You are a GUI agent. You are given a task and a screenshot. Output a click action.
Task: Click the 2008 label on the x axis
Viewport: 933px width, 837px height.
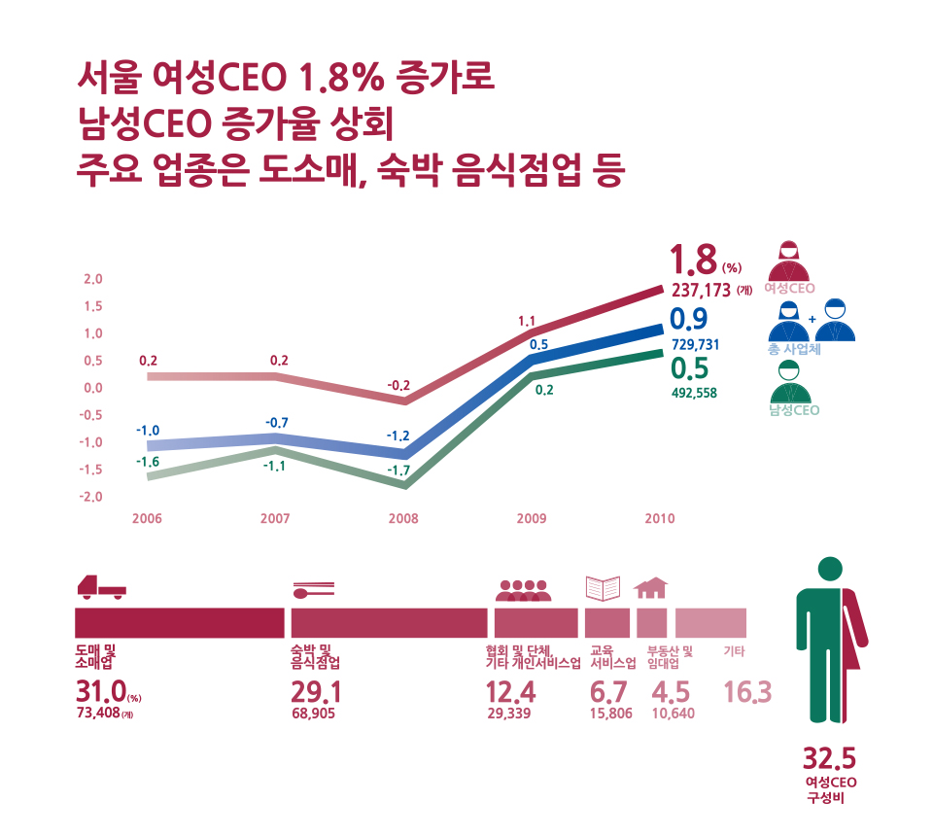pyautogui.click(x=403, y=519)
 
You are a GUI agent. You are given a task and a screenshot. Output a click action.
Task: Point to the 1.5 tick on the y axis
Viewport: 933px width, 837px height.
pyautogui.click(x=93, y=306)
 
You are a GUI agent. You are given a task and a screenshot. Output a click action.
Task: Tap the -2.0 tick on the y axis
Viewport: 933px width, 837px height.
pyautogui.click(x=91, y=497)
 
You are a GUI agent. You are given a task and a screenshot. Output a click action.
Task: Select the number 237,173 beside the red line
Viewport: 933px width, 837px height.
pyautogui.click(x=700, y=289)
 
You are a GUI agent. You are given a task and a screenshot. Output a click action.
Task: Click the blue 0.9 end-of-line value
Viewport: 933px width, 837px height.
pyautogui.click(x=689, y=320)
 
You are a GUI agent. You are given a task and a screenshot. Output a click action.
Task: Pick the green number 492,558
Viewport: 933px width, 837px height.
pyautogui.click(x=694, y=394)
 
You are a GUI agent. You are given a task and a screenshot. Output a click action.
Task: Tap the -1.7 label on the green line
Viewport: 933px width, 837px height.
pyautogui.click(x=398, y=470)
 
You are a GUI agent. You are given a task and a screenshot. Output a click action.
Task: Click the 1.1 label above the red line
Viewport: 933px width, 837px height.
pyautogui.click(x=528, y=321)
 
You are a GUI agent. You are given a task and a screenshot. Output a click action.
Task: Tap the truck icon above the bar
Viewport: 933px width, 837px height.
pyautogui.click(x=101, y=587)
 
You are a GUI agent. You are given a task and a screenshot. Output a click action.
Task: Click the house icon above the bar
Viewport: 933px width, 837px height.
pyautogui.click(x=651, y=587)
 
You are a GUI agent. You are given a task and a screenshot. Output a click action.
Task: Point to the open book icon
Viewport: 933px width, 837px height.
pyautogui.click(x=603, y=588)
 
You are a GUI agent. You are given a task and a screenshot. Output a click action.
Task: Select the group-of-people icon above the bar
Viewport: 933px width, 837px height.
pyautogui.click(x=523, y=589)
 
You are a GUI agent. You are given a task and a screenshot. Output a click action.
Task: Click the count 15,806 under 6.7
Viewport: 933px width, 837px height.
pyautogui.click(x=610, y=714)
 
